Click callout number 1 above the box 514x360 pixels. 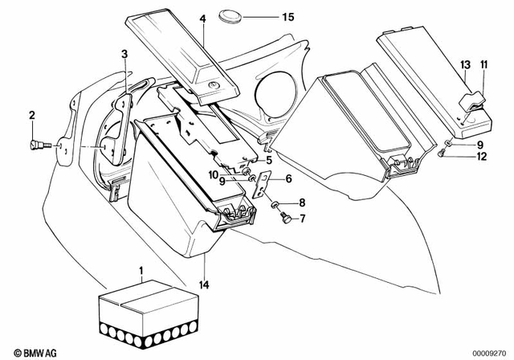click(x=143, y=271)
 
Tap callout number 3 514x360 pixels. click(x=124, y=54)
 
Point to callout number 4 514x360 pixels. click(x=203, y=18)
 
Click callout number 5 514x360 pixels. click(x=269, y=160)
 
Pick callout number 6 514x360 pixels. click(x=288, y=180)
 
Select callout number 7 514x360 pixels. click(x=302, y=218)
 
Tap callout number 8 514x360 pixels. click(x=302, y=202)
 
